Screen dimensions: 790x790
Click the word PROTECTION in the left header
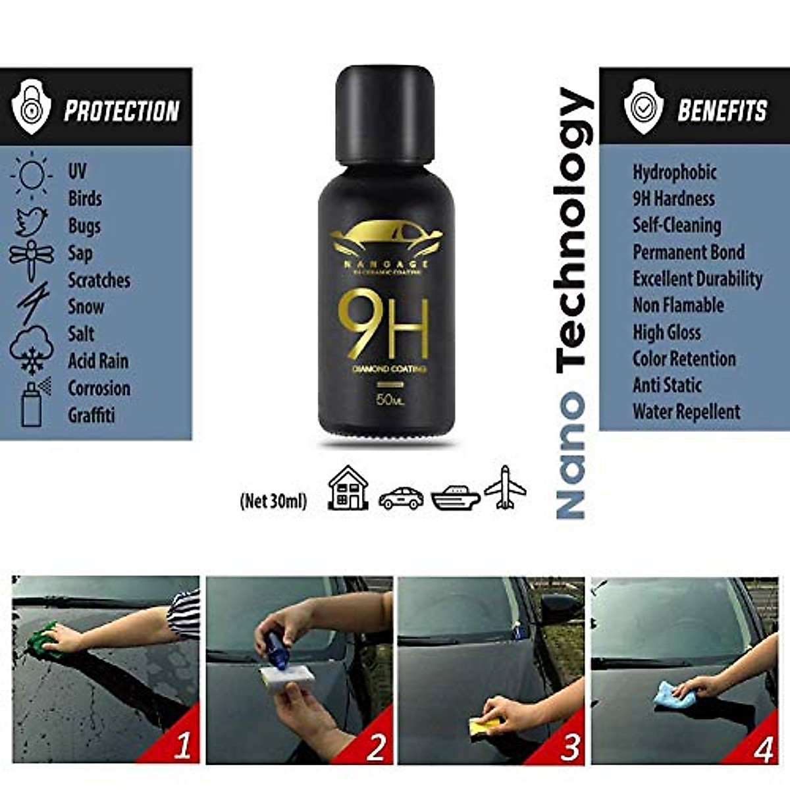point(122,111)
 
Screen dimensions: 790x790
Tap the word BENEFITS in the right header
point(722,110)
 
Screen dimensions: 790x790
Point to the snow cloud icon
point(31,349)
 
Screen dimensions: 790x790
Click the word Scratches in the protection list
point(99,280)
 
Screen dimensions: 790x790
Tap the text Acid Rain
point(98,361)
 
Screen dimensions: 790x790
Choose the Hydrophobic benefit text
point(674,172)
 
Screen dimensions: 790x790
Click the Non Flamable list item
point(678,305)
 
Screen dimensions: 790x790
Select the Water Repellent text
point(686,412)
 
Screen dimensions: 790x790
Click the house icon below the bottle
point(348,488)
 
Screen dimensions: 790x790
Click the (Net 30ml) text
point(273,502)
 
